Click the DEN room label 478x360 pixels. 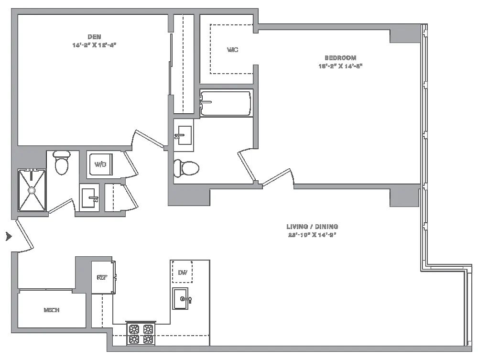94,37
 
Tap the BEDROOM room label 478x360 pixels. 340,58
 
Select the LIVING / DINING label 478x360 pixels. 312,227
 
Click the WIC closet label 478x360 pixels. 232,50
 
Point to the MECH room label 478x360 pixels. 52,310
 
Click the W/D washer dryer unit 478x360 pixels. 101,164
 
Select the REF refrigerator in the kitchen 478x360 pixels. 102,277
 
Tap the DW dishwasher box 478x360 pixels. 182,273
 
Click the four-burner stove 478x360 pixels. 141,334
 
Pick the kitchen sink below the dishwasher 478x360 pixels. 181,299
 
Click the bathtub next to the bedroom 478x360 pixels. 226,103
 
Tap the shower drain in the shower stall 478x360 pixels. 32,190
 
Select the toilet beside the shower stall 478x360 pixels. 61,163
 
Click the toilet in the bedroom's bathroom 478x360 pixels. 186,168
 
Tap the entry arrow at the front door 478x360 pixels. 8,236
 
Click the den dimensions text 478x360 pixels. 94,45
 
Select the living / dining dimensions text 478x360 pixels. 312,235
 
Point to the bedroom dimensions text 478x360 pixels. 340,66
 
